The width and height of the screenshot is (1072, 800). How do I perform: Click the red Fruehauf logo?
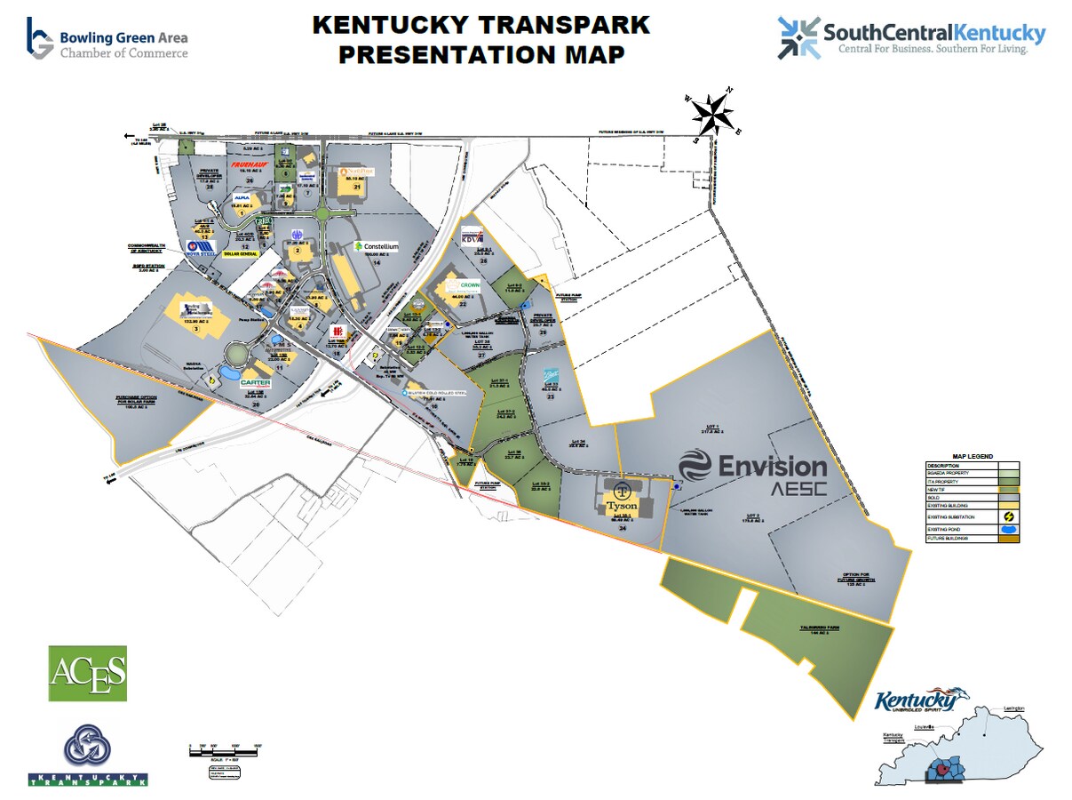(250, 164)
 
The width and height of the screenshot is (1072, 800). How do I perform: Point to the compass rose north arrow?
(713, 113)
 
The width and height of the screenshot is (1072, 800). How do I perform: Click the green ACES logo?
(87, 672)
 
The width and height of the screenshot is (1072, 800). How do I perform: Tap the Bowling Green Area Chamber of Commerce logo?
(107, 37)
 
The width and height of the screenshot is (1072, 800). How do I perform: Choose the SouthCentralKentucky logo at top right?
(911, 36)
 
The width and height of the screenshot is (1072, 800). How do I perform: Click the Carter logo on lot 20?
(256, 383)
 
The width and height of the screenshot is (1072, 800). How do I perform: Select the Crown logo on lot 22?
(468, 285)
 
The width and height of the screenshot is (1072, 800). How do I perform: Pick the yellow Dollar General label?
(242, 254)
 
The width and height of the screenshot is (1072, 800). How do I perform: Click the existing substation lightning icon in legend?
(1008, 516)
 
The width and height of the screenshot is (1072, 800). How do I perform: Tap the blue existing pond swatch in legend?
(1008, 530)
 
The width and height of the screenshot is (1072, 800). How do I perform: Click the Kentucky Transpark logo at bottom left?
(87, 755)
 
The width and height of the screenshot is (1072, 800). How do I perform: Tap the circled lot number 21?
(357, 188)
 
